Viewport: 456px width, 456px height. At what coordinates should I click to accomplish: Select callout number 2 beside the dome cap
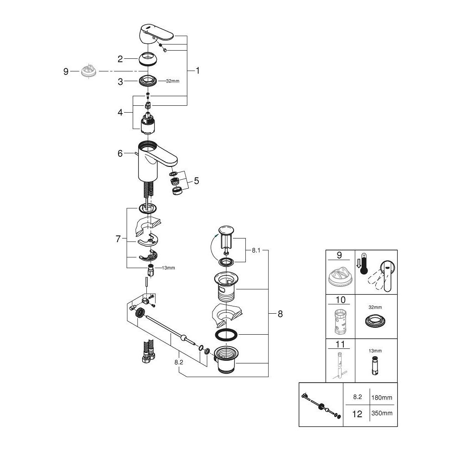click(x=120, y=58)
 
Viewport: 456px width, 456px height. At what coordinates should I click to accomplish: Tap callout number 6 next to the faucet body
click(x=120, y=154)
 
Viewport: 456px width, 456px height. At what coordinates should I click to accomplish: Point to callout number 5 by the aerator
click(x=196, y=181)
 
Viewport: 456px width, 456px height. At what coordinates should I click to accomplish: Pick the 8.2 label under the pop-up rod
click(x=179, y=362)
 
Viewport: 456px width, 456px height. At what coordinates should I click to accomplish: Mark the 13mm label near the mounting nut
click(x=168, y=268)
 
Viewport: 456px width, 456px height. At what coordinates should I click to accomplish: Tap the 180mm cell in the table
click(x=383, y=398)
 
